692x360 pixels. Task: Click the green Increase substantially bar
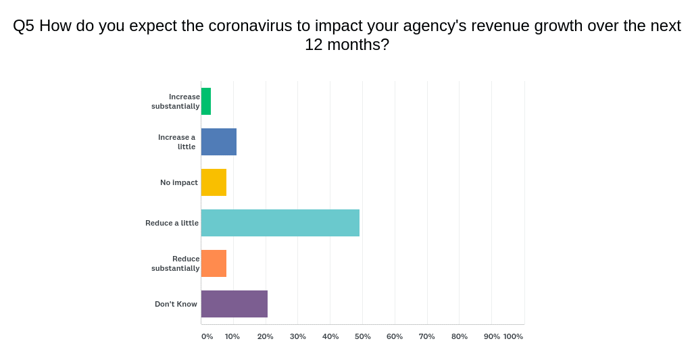[x=206, y=101]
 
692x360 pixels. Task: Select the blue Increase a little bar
[x=219, y=142]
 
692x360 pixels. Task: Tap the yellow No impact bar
[x=214, y=182]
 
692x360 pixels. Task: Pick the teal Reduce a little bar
[x=280, y=223]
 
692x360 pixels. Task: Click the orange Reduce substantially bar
[x=214, y=263]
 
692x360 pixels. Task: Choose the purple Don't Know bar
[x=234, y=304]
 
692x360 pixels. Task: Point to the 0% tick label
[x=207, y=336]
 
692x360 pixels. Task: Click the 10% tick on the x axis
[x=232, y=336]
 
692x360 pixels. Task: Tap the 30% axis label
[x=297, y=336]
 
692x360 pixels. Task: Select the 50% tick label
[x=362, y=336]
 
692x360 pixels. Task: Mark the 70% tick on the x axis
[x=426, y=336]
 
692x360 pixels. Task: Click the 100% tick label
[x=513, y=336]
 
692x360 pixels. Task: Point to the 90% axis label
[x=491, y=336]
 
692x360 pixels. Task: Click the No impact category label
[x=179, y=182]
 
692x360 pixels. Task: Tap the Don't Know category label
[x=176, y=304]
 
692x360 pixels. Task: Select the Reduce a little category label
[x=172, y=223]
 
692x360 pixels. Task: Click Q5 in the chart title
[x=24, y=26]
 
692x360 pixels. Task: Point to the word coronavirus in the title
[x=250, y=26]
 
